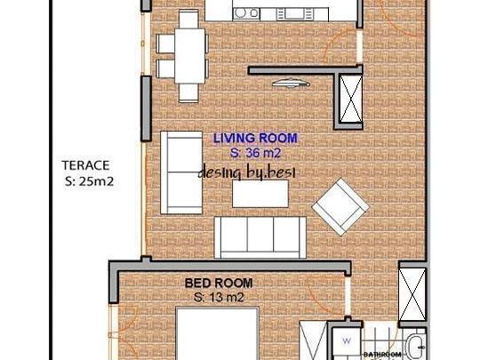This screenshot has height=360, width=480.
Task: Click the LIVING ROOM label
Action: pos(255,138)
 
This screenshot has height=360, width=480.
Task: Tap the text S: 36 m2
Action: pos(255,153)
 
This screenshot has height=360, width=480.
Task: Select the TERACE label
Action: pos(85,165)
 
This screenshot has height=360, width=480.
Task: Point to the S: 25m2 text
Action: pos(89,181)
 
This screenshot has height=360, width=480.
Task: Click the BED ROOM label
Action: pos(219,283)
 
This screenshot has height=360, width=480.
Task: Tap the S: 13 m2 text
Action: pos(219,297)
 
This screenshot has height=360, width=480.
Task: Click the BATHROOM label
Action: pos(382,355)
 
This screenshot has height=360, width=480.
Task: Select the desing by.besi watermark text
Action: pos(247,173)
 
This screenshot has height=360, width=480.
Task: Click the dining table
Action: pos(190,56)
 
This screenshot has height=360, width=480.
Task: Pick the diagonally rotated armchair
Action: pos(340,206)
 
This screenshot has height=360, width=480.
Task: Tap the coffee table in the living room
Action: pos(260,194)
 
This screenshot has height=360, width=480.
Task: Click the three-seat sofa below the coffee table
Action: pos(260,237)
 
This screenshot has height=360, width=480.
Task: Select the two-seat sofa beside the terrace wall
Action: pos(181,172)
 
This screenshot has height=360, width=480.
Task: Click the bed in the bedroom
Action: pos(218,333)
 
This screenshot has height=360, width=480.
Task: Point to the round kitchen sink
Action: pos(240,13)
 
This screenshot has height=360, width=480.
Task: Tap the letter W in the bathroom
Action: pos(347,340)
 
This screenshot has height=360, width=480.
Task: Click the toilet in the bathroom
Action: pos(415,348)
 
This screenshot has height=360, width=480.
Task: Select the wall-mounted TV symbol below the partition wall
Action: pos(291,83)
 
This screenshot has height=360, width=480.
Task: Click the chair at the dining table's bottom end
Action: pos(188,92)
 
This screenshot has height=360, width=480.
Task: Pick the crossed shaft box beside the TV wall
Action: pos(351,99)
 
